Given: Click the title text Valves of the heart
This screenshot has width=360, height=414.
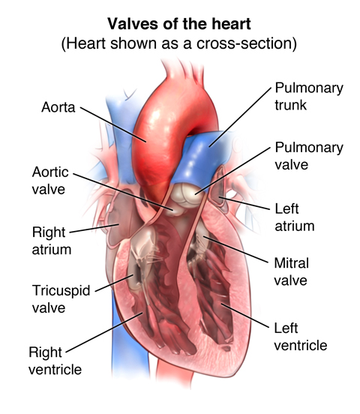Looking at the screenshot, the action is [178, 24].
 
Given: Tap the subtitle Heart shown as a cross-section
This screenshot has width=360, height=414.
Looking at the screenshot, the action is [178, 43].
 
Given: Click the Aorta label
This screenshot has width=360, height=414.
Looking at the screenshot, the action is [58, 107].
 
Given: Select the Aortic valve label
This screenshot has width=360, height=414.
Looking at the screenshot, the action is [50, 181].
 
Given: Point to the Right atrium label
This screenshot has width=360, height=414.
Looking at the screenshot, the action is [52, 241].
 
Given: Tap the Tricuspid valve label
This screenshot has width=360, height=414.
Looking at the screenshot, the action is [61, 299].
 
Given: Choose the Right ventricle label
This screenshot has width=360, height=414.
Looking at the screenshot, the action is [55, 361].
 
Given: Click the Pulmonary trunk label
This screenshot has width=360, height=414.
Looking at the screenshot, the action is [309, 96].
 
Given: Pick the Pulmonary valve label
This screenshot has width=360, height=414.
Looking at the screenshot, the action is [309, 156].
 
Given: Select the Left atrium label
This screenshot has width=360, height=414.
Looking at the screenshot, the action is [295, 217].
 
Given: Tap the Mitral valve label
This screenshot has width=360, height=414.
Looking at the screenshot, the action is [291, 271].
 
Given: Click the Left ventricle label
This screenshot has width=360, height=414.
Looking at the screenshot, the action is [301, 337].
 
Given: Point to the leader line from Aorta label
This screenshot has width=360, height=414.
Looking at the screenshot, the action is [113, 124].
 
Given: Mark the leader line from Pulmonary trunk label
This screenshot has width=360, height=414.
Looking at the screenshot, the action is [240, 117].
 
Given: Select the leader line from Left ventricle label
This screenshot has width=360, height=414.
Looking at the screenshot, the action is [245, 316].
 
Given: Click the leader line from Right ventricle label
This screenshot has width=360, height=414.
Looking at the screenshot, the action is [104, 332].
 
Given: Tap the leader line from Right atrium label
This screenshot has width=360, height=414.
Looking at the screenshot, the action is [94, 229].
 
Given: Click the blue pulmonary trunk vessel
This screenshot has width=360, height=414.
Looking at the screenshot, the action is [201, 158].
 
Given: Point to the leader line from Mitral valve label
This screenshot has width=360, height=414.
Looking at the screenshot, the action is [235, 250].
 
